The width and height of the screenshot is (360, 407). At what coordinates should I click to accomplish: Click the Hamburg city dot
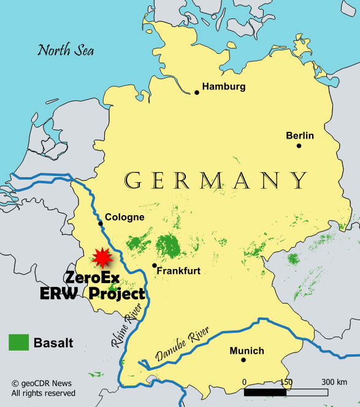click(197, 93)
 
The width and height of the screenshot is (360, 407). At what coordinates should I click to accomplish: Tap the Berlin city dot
click(299, 146)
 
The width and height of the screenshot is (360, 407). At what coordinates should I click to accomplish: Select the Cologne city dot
click(101, 224)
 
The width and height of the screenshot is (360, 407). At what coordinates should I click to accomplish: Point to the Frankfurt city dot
click(154, 265)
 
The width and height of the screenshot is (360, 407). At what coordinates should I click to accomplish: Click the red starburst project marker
click(101, 258)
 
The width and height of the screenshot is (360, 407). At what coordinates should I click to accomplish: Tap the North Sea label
click(66, 50)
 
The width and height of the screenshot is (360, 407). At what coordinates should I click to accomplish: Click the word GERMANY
click(215, 180)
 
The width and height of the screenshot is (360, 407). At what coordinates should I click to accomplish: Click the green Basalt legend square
click(19, 343)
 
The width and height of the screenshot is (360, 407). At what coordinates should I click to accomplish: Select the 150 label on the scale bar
click(285, 382)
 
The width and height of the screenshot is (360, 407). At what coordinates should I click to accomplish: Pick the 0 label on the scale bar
click(244, 382)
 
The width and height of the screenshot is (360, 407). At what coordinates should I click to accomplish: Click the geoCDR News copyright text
click(43, 382)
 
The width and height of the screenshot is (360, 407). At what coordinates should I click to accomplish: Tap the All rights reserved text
click(43, 393)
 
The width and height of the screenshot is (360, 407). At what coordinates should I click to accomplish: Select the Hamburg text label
click(224, 86)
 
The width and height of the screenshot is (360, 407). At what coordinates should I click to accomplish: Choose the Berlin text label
click(300, 135)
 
